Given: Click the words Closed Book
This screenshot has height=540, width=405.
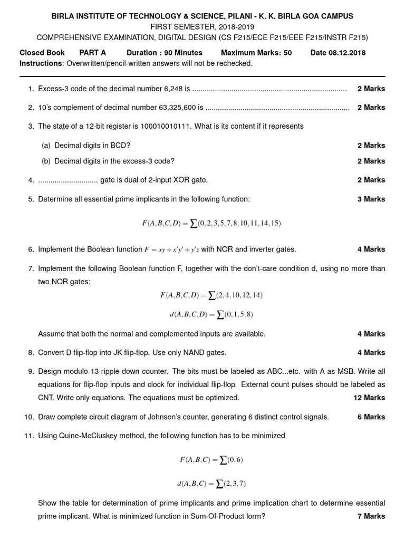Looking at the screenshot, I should coord(42,53).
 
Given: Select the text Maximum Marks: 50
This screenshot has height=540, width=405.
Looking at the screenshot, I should coord(256,53).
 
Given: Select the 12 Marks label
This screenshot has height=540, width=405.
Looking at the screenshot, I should coord(369,398).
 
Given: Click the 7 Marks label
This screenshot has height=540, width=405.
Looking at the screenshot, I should coord(371,516).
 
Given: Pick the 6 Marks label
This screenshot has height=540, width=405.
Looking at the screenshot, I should coord(371,417).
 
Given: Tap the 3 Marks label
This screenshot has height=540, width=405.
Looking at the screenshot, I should coord(371,199).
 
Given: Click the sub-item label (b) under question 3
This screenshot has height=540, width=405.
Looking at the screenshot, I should coord(46,161).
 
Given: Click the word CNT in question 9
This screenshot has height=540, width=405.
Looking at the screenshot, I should coord(46,398).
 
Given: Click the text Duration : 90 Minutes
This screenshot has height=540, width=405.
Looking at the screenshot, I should coord(165,53).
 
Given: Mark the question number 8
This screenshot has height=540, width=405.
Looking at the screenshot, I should coord(31,353).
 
